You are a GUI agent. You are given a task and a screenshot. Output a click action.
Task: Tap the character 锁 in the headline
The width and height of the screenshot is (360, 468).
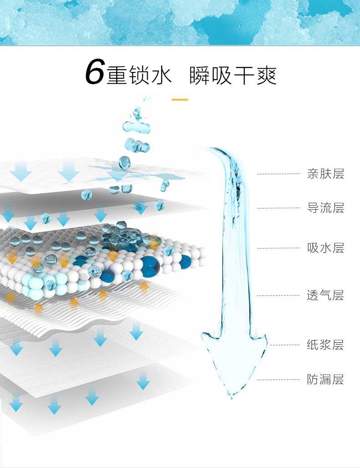pos(139,75)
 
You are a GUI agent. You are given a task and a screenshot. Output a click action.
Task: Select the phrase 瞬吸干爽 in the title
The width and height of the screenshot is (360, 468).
pos(233,75)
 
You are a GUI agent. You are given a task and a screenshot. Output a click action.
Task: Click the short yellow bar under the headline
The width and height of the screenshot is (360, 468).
pos(180,99)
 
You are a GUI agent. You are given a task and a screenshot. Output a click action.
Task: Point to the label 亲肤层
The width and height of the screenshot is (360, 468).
pos(325,173)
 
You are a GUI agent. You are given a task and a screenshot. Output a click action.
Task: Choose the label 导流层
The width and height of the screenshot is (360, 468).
pos(325,208)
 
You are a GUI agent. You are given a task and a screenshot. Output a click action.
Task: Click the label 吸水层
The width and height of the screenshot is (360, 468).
pos(325,248)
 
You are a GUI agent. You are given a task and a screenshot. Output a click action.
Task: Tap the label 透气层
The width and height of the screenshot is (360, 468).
pos(325,295)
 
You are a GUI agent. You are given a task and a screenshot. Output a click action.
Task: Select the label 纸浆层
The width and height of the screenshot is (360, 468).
pos(325,345)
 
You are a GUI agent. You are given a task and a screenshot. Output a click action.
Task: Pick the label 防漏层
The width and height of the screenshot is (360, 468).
pos(325,379)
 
